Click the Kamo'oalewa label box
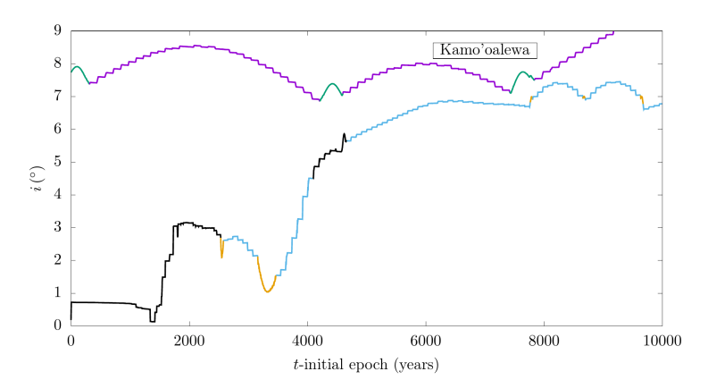click(484, 50)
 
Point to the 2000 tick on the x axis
click(189, 340)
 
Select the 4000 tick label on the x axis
click(307, 340)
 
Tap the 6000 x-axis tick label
click(425, 340)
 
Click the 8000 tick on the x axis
click(544, 340)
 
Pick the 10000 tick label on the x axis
click(662, 340)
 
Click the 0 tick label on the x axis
click(71, 340)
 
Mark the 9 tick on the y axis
click(57, 30)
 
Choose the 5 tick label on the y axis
click(57, 162)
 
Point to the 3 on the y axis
click(57, 227)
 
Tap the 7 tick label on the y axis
click(57, 96)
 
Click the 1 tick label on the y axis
click(57, 292)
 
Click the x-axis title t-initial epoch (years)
click(366, 364)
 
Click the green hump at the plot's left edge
click(77, 67)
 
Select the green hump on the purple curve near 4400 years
click(332, 84)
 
